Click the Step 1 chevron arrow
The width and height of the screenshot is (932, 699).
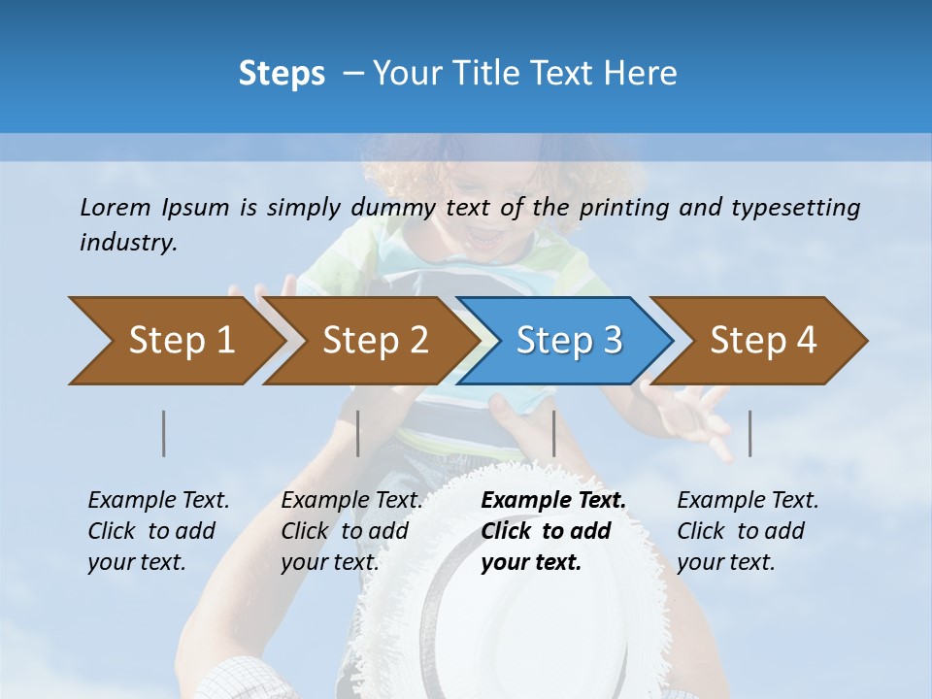pos(175,341)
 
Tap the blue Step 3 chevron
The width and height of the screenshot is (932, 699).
pos(568,341)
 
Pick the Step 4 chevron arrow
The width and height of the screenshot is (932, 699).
pos(762,341)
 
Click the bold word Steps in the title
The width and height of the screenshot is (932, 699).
pos(282,74)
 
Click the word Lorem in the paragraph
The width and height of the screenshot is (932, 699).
pos(116,207)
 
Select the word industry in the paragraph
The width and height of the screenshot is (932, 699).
pos(128,243)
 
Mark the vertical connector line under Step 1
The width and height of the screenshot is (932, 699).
pos(164,433)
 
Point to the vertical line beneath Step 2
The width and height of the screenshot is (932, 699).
pos(358,433)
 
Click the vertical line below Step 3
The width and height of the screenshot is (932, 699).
pos(553,433)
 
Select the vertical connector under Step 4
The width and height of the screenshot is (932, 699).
pos(749,433)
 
